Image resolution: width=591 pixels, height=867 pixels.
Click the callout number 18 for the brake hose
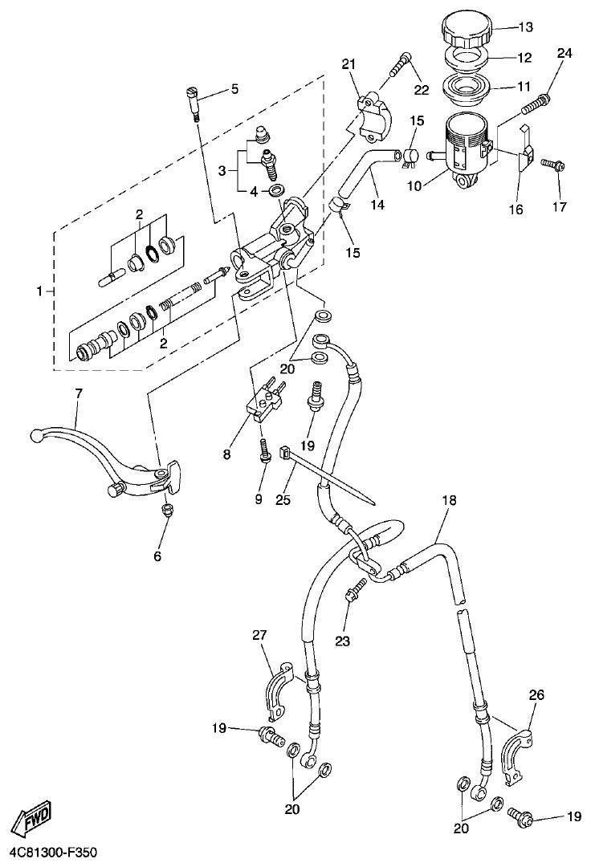(x=448, y=500)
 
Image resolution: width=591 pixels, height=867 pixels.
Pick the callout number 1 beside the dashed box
(x=39, y=291)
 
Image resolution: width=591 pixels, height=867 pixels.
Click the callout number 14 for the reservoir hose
(x=377, y=205)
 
